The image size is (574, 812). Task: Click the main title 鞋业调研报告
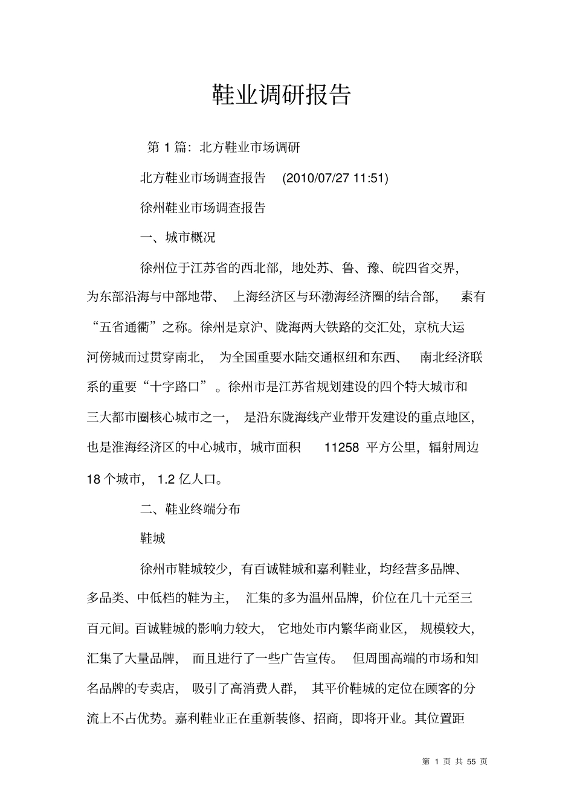282,95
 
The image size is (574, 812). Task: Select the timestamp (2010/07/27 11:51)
335,178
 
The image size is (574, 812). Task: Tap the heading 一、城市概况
178,237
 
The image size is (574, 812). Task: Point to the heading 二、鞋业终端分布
190,509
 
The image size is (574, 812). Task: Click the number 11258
342,448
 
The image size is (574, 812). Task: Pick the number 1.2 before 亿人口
166,480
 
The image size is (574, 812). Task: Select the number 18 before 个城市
94,480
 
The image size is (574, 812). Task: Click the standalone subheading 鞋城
152,538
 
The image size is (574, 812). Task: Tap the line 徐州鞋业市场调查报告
202,208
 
